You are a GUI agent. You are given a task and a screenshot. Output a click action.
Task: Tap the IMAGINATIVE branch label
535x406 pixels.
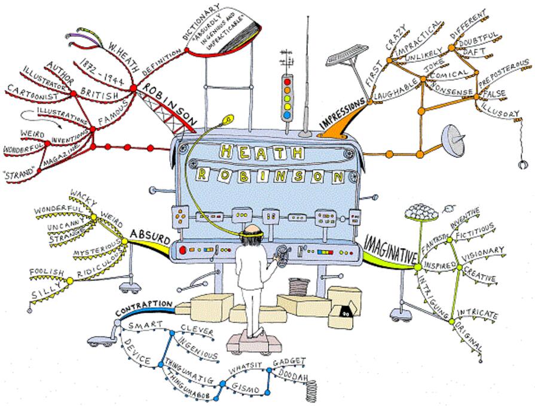click(390, 249)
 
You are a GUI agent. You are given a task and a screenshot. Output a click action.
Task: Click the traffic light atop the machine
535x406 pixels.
click(288, 96)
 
